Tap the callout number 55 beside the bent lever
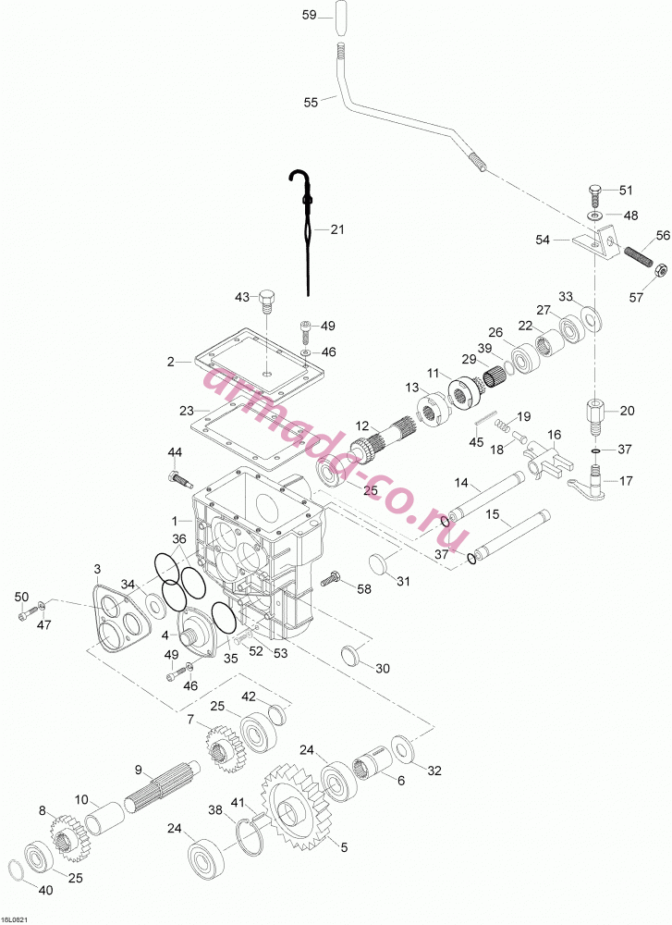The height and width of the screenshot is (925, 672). coord(311,102)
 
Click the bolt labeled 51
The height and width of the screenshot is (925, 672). coord(594,192)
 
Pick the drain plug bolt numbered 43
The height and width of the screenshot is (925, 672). coord(268,302)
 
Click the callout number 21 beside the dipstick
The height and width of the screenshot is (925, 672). coord(336,229)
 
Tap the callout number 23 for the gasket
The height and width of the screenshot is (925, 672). coord(187,410)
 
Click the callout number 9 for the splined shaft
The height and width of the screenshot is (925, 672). coord(139,770)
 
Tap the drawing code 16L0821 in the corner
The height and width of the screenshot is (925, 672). coord(16,919)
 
